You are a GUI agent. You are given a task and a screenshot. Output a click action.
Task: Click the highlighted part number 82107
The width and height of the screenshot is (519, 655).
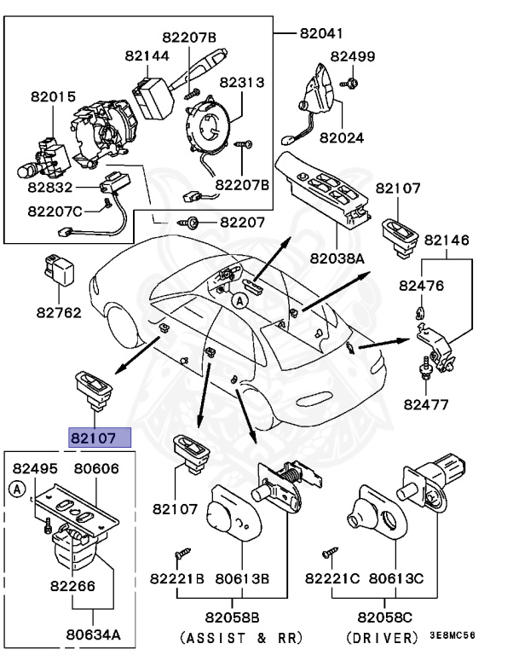(x=100, y=438)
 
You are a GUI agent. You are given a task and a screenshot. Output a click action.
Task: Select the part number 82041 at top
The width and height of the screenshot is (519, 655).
(x=321, y=34)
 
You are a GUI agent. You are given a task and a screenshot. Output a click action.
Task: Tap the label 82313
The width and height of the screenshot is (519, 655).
(x=242, y=83)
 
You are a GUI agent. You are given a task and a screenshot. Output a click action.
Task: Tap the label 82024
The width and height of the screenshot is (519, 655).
(x=341, y=136)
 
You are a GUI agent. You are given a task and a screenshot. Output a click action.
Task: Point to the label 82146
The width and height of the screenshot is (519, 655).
(x=447, y=241)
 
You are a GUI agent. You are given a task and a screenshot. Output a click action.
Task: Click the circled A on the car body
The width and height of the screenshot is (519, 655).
(x=239, y=300)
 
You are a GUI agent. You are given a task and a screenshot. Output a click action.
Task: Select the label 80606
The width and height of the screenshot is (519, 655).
(x=95, y=468)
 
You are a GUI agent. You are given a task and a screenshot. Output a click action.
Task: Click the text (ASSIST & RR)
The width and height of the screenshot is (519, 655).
(x=241, y=638)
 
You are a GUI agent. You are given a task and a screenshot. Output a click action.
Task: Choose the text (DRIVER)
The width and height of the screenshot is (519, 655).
(x=384, y=638)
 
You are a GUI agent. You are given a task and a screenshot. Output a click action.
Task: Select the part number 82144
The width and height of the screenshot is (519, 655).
(x=147, y=55)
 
